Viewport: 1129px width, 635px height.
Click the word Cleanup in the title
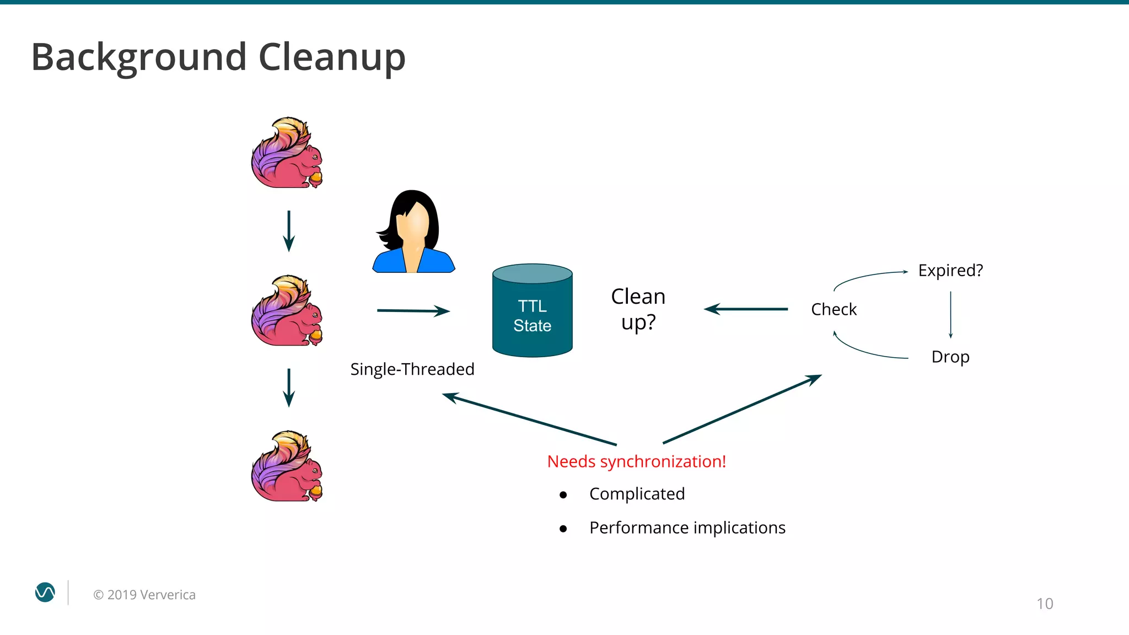tap(332, 57)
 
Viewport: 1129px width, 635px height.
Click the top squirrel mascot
tap(287, 153)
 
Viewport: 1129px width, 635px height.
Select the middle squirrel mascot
tap(287, 311)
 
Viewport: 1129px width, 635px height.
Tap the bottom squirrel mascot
tap(287, 467)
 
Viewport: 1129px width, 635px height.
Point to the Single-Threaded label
tap(412, 369)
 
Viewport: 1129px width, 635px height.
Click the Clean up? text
tap(638, 309)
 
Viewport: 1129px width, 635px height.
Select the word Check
tap(834, 309)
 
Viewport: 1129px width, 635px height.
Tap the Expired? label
tap(950, 271)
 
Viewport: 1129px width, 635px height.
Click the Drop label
tap(950, 357)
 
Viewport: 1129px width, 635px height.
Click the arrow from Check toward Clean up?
tap(746, 309)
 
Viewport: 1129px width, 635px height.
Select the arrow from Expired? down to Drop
tap(950, 314)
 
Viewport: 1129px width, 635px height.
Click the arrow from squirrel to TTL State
tap(413, 311)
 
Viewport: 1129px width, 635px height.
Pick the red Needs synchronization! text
tap(636, 461)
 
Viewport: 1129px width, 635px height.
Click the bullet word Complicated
tap(637, 494)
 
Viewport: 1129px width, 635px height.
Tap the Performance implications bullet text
tap(687, 528)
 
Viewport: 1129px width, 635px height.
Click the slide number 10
tap(1044, 604)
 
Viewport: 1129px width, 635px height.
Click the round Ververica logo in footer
tap(45, 593)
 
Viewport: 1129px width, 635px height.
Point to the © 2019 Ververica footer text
tap(144, 595)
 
